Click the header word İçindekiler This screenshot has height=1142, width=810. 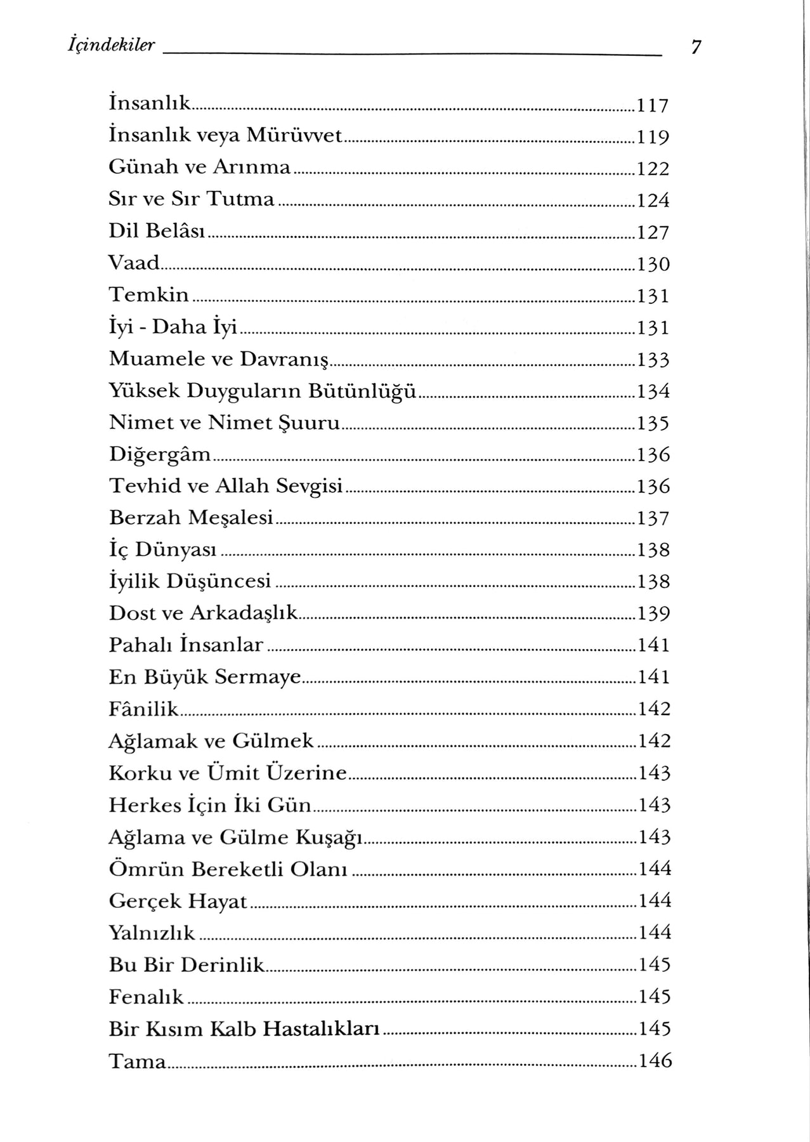pyautogui.click(x=111, y=46)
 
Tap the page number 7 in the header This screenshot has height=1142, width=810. pyautogui.click(x=696, y=47)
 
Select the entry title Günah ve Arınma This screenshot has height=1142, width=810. pyautogui.click(x=200, y=167)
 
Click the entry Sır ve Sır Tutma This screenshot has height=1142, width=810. pyautogui.click(x=192, y=199)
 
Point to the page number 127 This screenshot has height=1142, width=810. pyautogui.click(x=653, y=232)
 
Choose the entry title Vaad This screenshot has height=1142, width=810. pyautogui.click(x=134, y=263)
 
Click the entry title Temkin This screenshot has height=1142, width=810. pyautogui.click(x=149, y=295)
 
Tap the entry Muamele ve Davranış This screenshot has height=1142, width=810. pyautogui.click(x=219, y=359)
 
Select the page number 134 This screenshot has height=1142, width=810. pyautogui.click(x=653, y=391)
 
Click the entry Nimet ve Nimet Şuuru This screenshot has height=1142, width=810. pyautogui.click(x=225, y=423)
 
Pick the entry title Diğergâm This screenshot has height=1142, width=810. pyautogui.click(x=160, y=455)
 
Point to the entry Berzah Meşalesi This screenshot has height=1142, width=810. pyautogui.click(x=191, y=518)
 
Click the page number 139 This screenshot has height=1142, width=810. pyautogui.click(x=653, y=614)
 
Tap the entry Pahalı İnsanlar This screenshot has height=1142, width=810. pyautogui.click(x=186, y=645)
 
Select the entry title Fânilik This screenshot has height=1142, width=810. pyautogui.click(x=144, y=709)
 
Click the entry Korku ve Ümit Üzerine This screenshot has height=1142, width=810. pyautogui.click(x=228, y=773)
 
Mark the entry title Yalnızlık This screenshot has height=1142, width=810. pyautogui.click(x=152, y=932)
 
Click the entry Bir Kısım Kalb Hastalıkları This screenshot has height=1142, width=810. pyautogui.click(x=244, y=1028)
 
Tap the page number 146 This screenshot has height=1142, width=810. pyautogui.click(x=654, y=1060)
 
